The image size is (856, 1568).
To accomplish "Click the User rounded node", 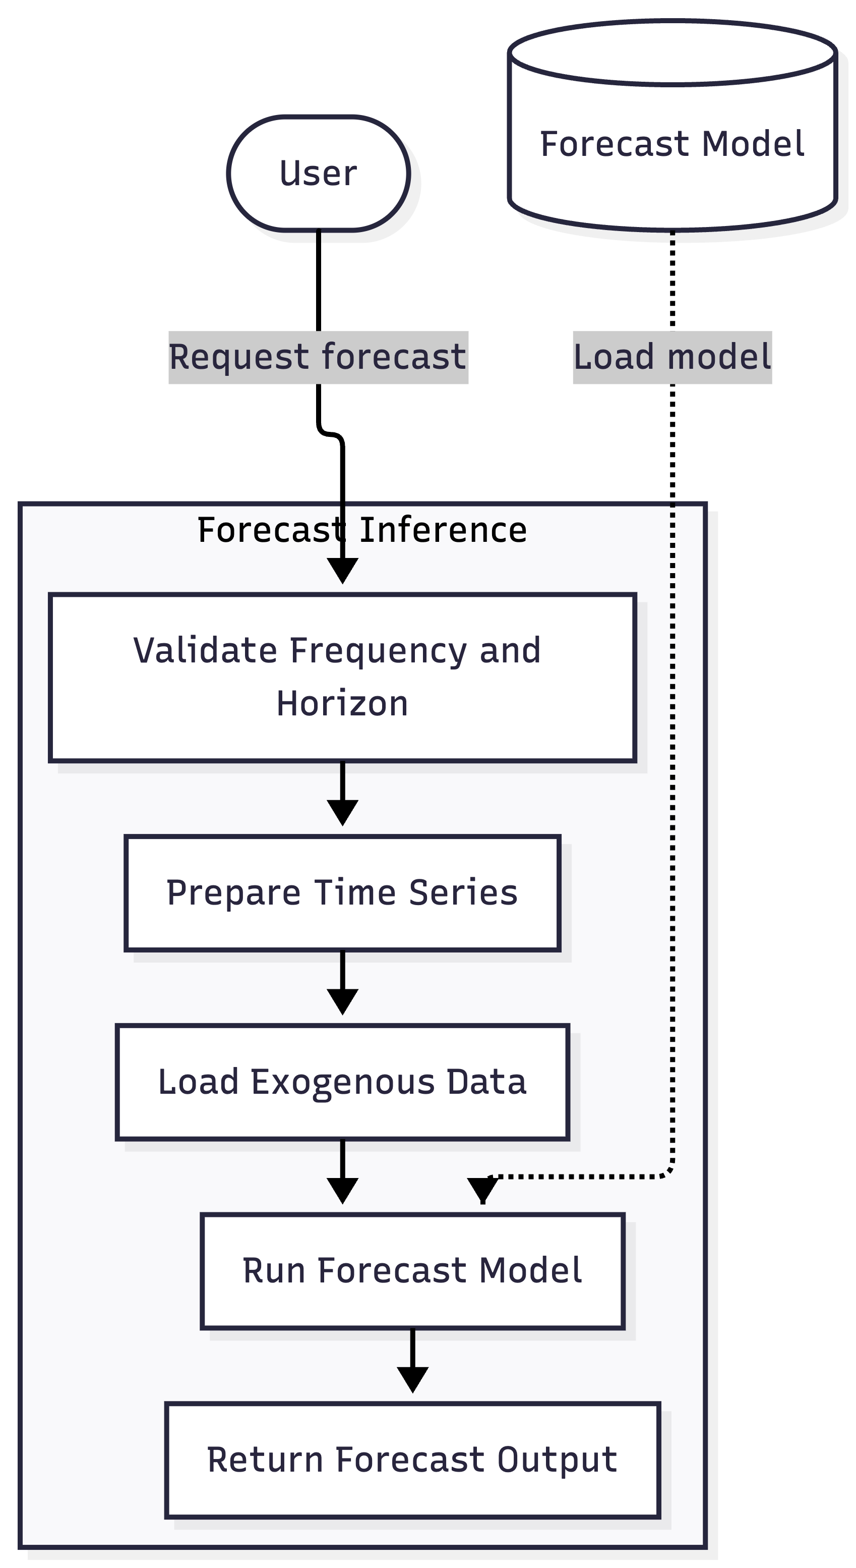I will (x=318, y=174).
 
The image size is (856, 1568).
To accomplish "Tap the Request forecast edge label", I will (x=318, y=357).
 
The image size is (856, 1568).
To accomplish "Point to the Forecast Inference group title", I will (x=362, y=530).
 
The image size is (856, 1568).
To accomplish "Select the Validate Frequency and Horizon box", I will (x=342, y=677).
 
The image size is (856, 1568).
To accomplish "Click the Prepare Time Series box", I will (x=342, y=893).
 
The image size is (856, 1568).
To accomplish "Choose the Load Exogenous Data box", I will (x=342, y=1082).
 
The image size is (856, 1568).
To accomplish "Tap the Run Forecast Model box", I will (x=412, y=1271).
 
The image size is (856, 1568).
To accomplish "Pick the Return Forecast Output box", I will (x=412, y=1460).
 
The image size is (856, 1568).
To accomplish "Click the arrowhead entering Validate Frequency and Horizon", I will (x=342, y=571).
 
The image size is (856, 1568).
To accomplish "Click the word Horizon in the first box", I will (x=342, y=704).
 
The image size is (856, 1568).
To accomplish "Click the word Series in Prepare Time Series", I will (x=463, y=893).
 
